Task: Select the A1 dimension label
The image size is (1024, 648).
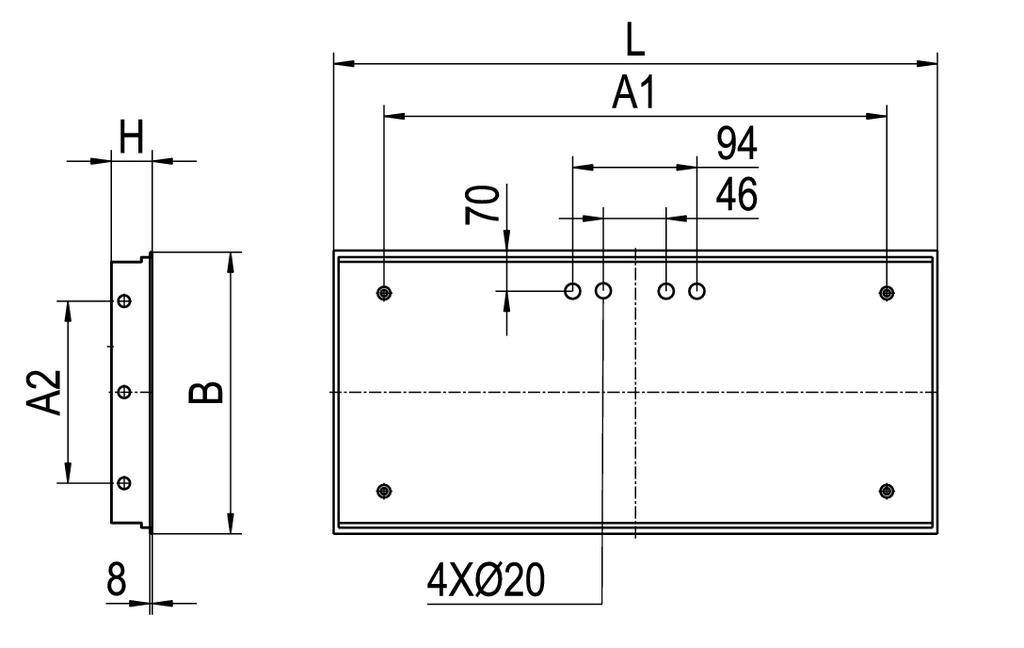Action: point(634,94)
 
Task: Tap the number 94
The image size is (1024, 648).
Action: point(737,145)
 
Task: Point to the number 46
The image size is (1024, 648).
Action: point(737,195)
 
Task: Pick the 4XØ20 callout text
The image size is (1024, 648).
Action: point(486,580)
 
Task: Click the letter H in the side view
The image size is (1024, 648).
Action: point(130,136)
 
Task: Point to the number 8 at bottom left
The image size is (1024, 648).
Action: point(117,579)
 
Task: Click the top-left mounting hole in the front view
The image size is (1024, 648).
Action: point(385,292)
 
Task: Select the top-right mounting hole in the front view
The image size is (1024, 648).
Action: point(886,292)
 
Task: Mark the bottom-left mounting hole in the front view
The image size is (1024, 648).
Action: point(385,490)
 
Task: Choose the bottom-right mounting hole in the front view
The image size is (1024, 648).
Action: point(886,490)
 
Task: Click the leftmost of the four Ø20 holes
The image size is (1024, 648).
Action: point(573,291)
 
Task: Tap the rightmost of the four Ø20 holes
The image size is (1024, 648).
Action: point(697,291)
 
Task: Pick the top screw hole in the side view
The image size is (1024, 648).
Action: point(124,301)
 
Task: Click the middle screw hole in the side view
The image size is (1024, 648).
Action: point(124,392)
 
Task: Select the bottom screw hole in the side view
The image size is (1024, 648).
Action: point(124,484)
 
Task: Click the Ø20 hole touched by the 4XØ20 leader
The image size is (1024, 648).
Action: point(603,291)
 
